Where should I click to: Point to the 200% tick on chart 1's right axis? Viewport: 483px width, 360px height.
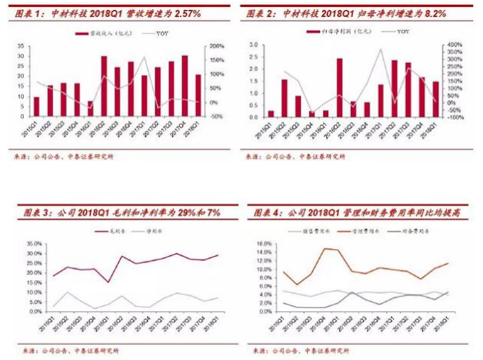click(219, 45)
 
